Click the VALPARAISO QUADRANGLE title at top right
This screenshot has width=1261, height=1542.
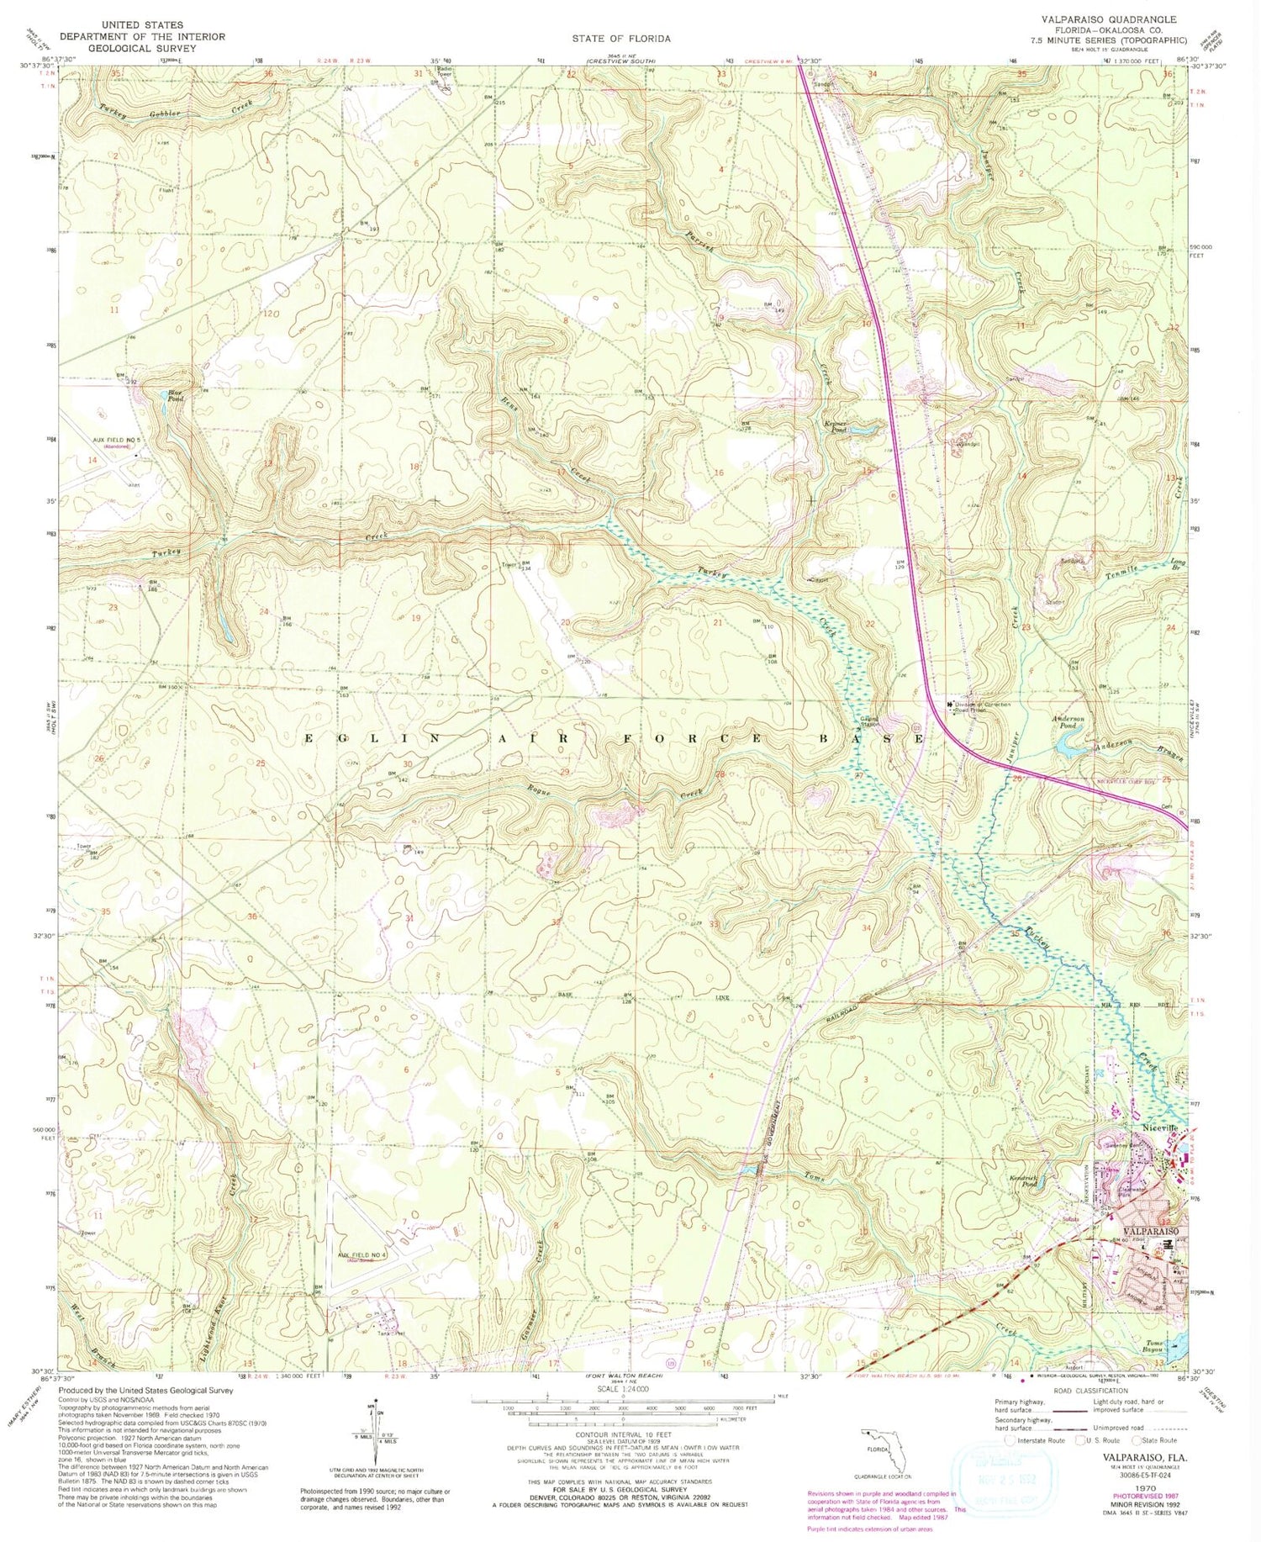tap(1109, 18)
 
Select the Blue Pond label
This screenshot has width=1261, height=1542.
tap(175, 393)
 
